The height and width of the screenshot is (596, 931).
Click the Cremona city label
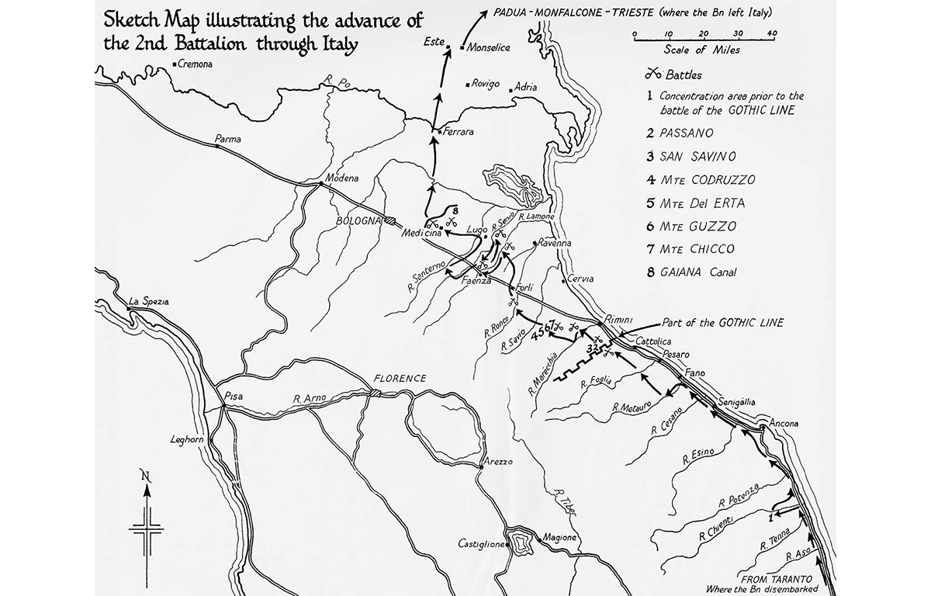[196, 64]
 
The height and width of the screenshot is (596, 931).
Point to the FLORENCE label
[400, 379]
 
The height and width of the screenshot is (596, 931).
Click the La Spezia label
[149, 301]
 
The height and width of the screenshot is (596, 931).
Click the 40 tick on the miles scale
[771, 34]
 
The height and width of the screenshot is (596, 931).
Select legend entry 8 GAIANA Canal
[696, 272]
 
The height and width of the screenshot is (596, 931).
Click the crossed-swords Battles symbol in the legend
[653, 75]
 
